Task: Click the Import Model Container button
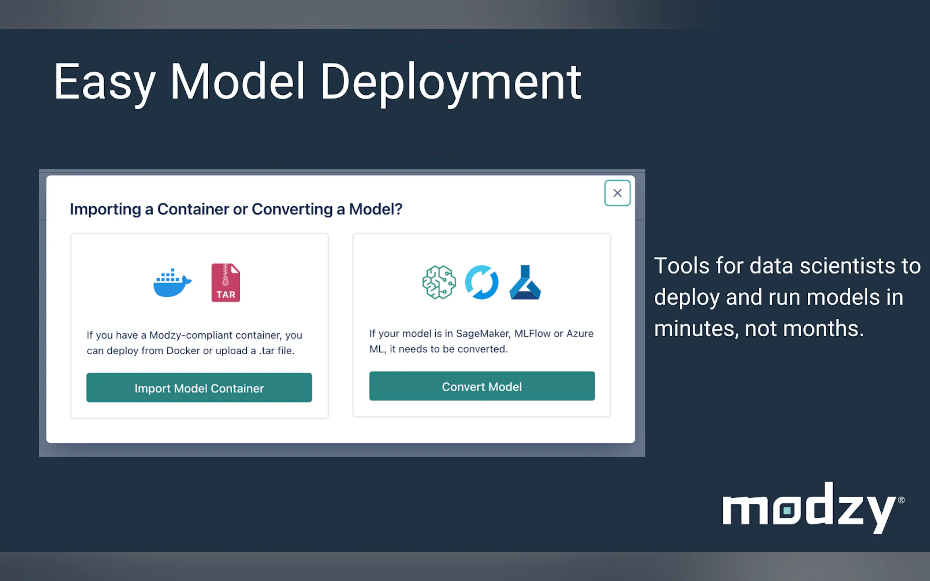199,387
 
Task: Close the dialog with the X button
617,193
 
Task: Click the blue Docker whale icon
172,283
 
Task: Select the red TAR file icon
226,282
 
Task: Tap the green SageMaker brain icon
439,282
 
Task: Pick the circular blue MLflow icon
482,282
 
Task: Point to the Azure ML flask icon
525,282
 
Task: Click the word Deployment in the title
451,83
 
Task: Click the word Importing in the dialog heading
105,210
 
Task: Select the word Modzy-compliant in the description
191,335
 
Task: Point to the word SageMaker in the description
483,334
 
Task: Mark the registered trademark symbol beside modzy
901,500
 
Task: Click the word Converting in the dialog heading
292,210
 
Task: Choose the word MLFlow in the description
532,334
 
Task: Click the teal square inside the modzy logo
787,510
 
